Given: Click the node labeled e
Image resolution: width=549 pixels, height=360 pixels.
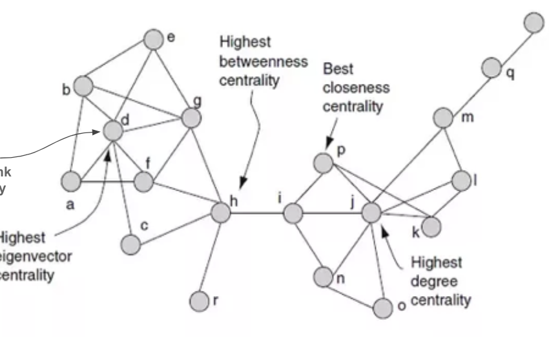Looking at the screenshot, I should (x=154, y=39).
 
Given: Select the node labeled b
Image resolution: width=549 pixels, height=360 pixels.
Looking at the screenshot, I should (x=83, y=85).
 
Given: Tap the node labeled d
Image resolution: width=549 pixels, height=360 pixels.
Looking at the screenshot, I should (x=112, y=131).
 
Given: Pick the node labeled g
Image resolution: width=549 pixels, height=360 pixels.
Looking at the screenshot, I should (x=191, y=118).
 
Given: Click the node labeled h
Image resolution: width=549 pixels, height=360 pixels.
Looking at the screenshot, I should (x=220, y=212).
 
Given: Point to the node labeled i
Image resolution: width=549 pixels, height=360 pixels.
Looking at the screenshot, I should (x=293, y=213).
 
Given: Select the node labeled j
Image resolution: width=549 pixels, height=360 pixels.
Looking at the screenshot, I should (x=372, y=212).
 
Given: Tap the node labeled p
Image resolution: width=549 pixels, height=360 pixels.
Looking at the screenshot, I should (x=323, y=163).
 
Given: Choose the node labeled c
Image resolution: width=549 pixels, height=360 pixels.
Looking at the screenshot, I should (x=130, y=244).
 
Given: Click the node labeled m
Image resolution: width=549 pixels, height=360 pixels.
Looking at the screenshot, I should (x=443, y=118).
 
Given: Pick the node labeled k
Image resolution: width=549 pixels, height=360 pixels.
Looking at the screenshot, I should (x=431, y=226).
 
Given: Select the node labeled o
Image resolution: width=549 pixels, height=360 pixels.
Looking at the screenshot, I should (x=384, y=307).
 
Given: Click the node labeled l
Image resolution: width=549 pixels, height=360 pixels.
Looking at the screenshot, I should (x=461, y=181).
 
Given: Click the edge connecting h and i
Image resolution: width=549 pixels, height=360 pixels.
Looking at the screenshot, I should (x=256, y=213).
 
